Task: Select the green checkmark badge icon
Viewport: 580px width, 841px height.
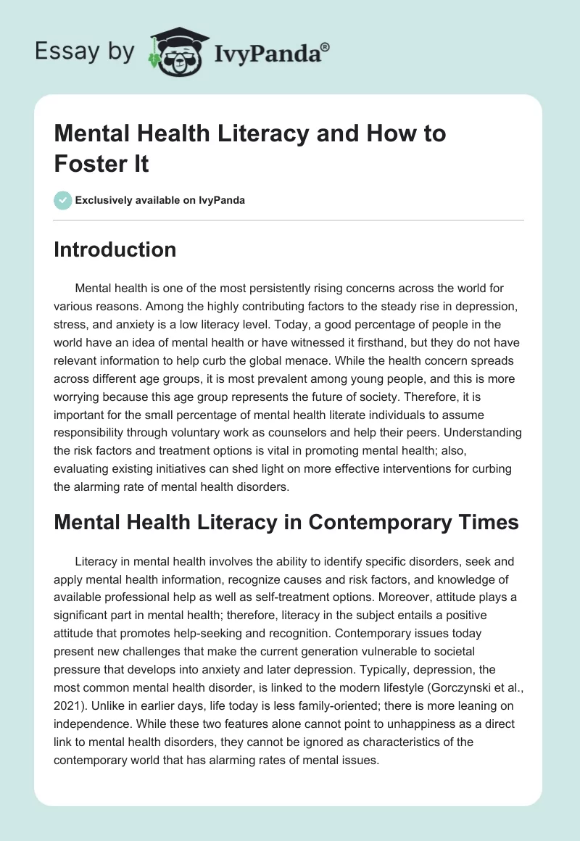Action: pyautogui.click(x=63, y=200)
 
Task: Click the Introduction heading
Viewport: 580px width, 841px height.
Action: pyautogui.click(x=115, y=249)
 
